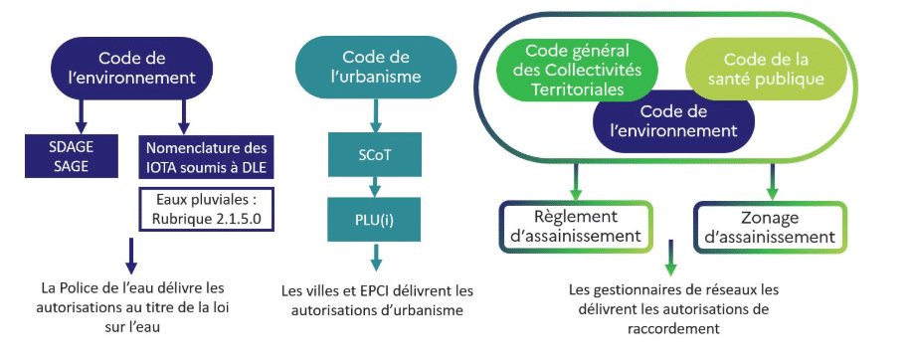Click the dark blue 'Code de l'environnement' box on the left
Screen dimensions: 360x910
click(x=146, y=67)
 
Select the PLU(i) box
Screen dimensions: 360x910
click(x=375, y=219)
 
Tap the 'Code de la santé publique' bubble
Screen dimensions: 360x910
click(x=766, y=70)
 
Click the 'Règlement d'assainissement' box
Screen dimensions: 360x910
click(x=574, y=226)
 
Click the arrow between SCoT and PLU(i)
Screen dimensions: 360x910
click(x=375, y=185)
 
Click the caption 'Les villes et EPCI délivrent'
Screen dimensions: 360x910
click(x=377, y=300)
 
